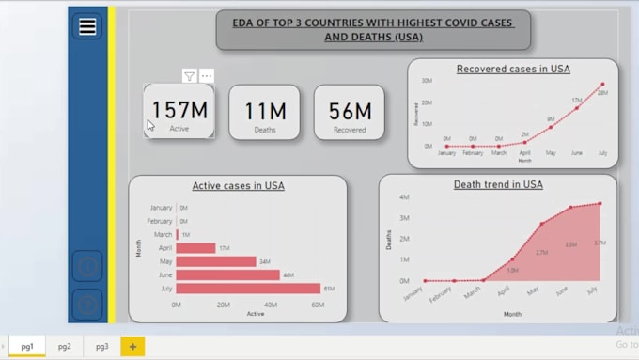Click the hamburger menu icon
coord(87,27)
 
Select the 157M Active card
coord(179,112)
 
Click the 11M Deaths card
coord(264,112)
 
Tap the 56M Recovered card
coord(350,112)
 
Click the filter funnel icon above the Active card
coord(189,76)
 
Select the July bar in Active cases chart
coord(248,288)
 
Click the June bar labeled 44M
coord(227,274)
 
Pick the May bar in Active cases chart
coord(215,261)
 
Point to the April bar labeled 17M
coord(195,248)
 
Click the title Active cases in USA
coord(238,186)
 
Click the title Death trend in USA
coord(498,185)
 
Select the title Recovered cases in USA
coord(513,69)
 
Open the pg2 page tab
coord(64,347)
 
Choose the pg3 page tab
coord(101,347)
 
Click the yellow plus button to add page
coord(132,347)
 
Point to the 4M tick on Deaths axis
coord(403,197)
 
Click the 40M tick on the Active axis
coord(271,305)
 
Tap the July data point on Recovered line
coord(602,85)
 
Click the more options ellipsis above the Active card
coord(207,76)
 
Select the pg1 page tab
coord(27,347)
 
